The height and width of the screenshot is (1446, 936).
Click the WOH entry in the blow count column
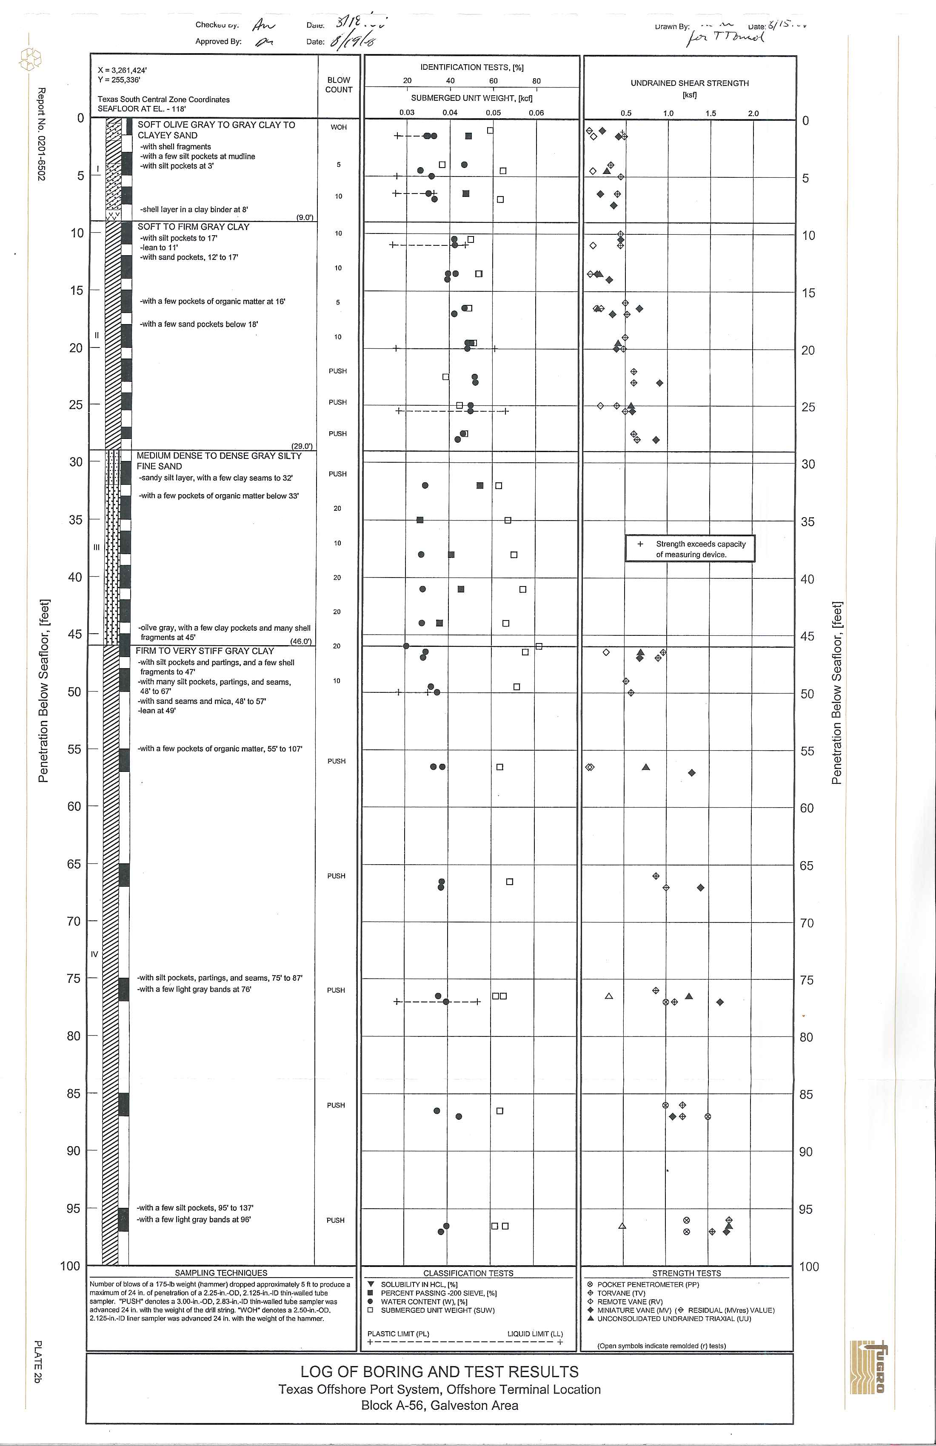[x=339, y=127]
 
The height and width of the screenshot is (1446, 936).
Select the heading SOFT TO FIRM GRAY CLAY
[x=193, y=227]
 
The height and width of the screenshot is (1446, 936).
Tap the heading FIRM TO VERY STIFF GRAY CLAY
[x=205, y=651]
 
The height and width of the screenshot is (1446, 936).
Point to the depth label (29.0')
[x=302, y=446]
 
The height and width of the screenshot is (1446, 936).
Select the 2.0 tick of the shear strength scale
[x=753, y=113]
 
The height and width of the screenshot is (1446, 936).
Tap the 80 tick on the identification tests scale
[x=536, y=81]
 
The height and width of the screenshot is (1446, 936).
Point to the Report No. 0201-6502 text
[x=41, y=134]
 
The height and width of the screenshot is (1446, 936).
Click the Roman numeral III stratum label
[x=96, y=547]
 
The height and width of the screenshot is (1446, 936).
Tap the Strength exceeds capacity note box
[x=690, y=549]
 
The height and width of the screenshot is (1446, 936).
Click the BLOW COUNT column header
[x=339, y=85]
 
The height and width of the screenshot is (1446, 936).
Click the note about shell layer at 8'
[x=194, y=210]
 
